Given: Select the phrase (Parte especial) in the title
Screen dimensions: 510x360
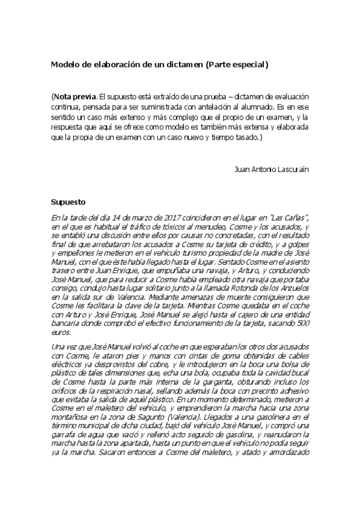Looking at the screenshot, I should (x=237, y=64).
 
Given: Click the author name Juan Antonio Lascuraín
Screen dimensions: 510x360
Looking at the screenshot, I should (x=272, y=169).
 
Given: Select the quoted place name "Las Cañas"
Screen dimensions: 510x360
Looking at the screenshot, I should (x=290, y=218).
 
